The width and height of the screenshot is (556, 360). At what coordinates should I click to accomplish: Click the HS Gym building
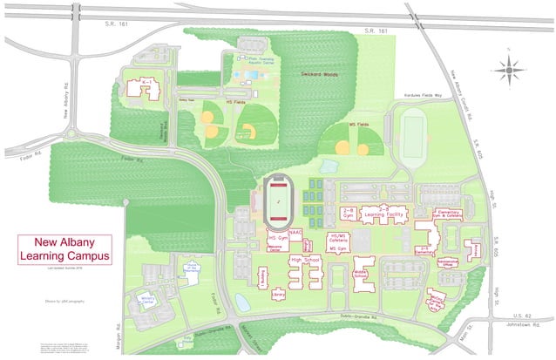click(278, 237)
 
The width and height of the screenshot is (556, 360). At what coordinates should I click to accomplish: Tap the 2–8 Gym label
click(348, 211)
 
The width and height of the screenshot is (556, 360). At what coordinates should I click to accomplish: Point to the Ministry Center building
click(146, 302)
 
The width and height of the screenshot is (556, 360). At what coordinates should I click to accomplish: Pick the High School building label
click(306, 260)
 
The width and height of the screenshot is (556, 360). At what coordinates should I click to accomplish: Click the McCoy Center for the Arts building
click(436, 303)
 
